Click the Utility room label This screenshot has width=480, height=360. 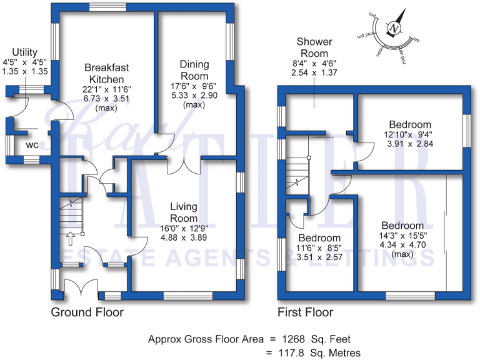[21, 52]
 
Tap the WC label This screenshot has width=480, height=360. [32, 146]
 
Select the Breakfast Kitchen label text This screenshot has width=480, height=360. [105, 73]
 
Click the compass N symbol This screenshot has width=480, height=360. [393, 29]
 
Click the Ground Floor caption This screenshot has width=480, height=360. [87, 312]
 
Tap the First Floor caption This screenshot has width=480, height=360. [305, 312]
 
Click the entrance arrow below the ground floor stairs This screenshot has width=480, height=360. [69, 238]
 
